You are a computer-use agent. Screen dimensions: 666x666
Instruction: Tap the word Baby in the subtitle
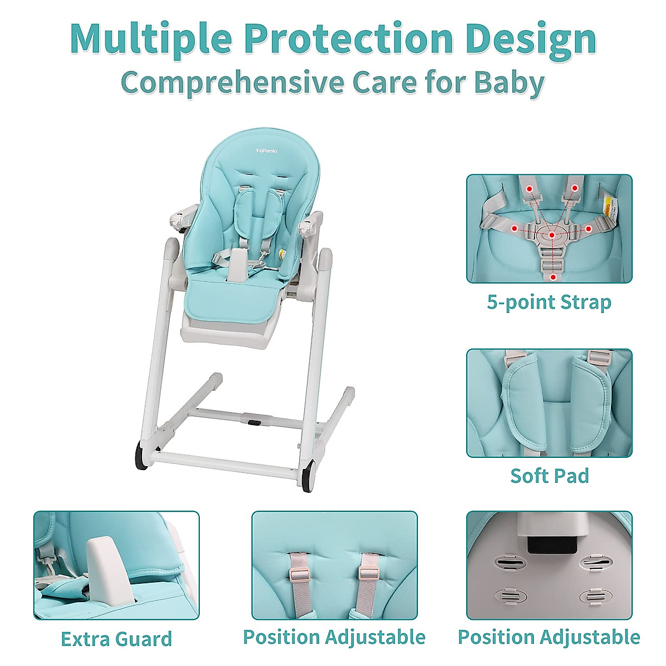pos(509,82)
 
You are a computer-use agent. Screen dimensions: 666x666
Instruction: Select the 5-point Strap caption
pos(549,302)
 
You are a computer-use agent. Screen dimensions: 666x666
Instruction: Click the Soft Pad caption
pos(549,476)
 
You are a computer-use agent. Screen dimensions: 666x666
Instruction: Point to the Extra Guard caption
pos(117,639)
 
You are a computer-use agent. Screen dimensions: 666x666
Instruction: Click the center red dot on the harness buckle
pos(552,235)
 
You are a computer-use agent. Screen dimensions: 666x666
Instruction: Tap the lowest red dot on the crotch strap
pos(553,276)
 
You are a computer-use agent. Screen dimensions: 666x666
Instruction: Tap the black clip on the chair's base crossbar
pos(254,422)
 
